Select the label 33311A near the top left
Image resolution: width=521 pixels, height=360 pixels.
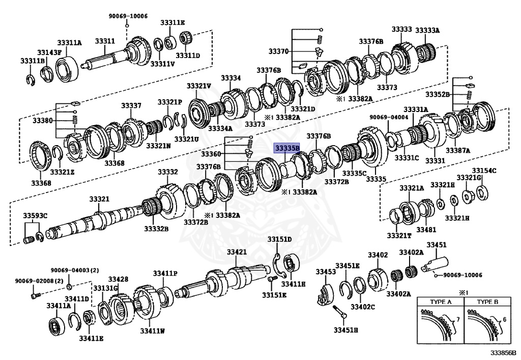[69, 43]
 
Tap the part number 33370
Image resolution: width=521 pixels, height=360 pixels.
[279, 51]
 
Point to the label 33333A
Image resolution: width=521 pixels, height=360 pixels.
[427, 31]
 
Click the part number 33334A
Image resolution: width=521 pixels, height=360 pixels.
[220, 128]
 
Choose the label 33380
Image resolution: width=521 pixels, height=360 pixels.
[42, 121]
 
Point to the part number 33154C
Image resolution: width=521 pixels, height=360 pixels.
[484, 171]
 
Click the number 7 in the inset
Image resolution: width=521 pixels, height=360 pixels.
[457, 319]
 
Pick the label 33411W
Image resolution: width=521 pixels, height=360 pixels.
[152, 331]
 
